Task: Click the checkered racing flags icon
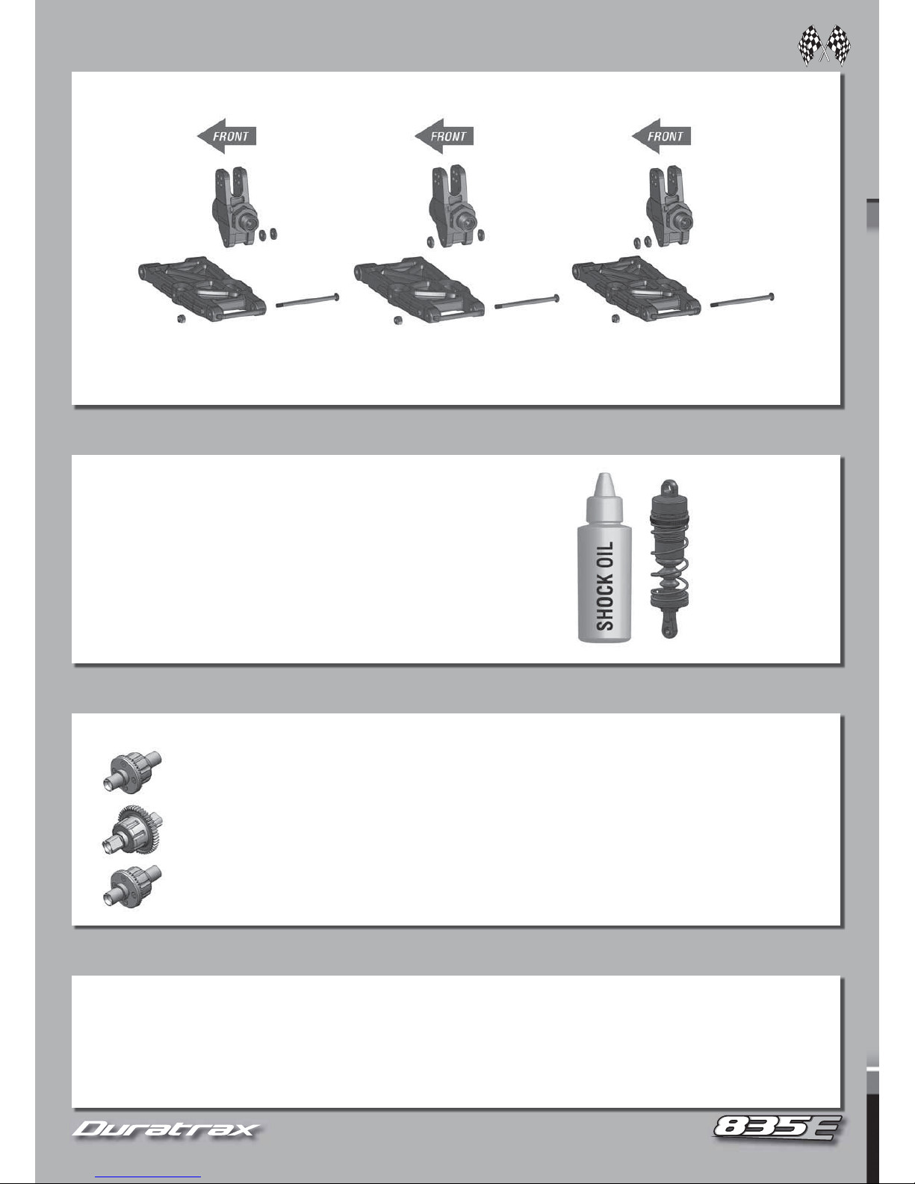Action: tap(824, 46)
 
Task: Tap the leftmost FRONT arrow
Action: tap(226, 136)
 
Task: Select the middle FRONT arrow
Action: tap(444, 136)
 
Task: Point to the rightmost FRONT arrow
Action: tap(661, 136)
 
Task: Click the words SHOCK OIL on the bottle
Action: tap(605, 586)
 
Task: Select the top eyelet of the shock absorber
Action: tap(669, 486)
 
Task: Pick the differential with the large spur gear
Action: tap(132, 831)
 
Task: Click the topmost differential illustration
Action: tap(132, 772)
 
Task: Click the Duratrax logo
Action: tap(166, 1129)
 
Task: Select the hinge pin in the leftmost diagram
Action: tap(308, 301)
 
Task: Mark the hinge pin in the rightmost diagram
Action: tap(742, 301)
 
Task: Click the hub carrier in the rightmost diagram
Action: tap(669, 207)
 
